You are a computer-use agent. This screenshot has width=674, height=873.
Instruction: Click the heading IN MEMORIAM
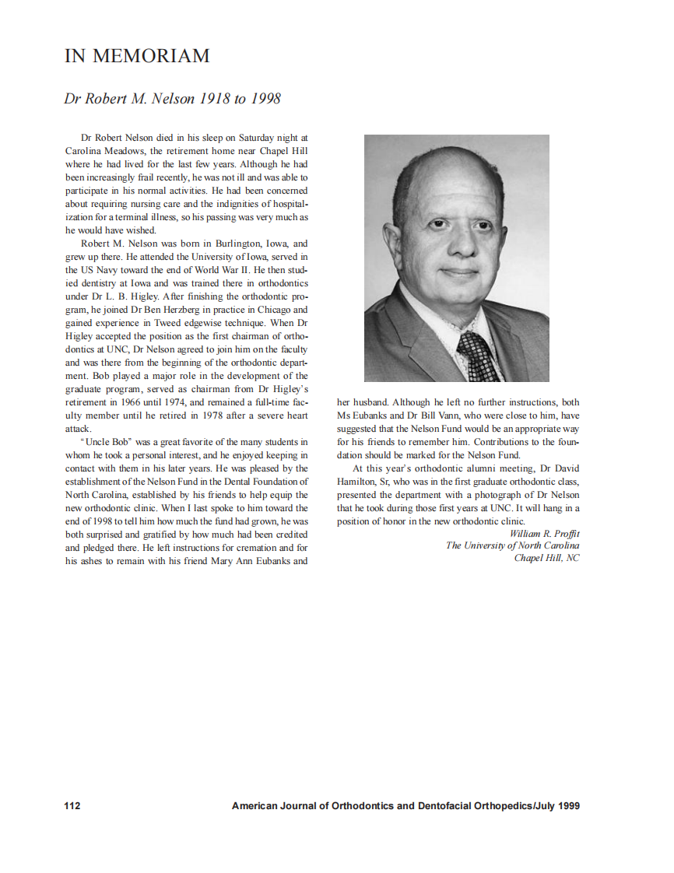pos(137,57)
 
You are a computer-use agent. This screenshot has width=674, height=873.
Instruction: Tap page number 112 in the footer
pos(72,806)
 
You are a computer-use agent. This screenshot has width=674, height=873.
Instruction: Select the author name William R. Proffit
pos(544,533)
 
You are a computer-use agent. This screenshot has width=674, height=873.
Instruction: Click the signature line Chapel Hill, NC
pos(546,558)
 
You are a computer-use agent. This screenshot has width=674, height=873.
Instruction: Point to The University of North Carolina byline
pos(512,545)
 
